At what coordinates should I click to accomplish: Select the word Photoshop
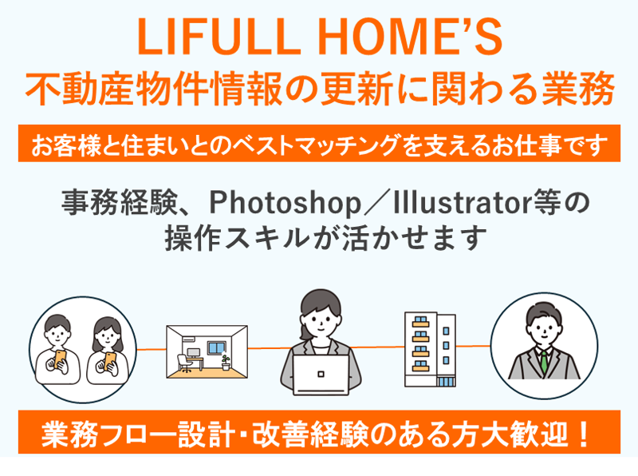click(x=285, y=203)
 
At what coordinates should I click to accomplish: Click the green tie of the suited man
click(x=544, y=362)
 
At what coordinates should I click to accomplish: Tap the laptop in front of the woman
click(x=321, y=375)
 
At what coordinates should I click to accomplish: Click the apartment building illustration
click(x=430, y=350)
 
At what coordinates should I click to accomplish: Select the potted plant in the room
click(x=226, y=363)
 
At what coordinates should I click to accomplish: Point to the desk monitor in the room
click(x=193, y=353)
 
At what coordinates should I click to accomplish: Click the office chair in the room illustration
click(x=184, y=363)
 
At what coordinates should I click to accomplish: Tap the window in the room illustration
click(x=216, y=348)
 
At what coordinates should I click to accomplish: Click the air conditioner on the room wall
click(x=190, y=339)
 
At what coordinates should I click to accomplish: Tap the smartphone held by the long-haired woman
click(x=110, y=361)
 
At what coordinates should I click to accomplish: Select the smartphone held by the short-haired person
click(x=60, y=359)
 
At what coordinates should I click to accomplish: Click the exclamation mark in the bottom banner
click(x=584, y=434)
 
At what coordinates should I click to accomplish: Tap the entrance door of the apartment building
click(x=446, y=382)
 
